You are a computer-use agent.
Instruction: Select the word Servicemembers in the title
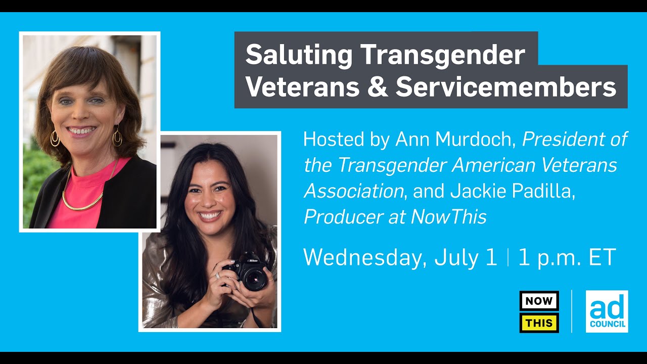point(505,87)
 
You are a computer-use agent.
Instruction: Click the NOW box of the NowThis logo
point(539,301)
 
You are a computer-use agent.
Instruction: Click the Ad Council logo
point(607,311)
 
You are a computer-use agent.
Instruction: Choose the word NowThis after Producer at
point(448,217)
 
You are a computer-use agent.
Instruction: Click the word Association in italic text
point(353,191)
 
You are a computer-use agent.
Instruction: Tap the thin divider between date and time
point(507,257)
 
